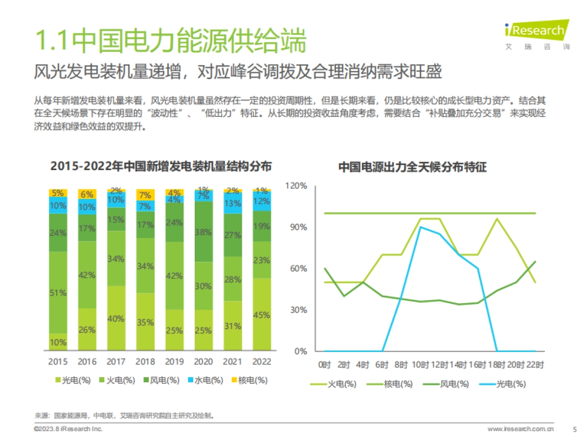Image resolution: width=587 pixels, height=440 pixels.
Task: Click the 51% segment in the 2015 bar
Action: [58, 292]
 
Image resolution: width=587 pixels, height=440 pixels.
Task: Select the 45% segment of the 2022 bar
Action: [262, 314]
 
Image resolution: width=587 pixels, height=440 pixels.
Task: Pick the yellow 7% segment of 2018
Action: [145, 195]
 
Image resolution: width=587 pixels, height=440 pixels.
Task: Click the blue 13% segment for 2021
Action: [233, 203]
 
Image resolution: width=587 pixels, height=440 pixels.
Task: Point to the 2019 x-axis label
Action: [174, 362]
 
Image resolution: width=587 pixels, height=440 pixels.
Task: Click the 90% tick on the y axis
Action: [297, 227]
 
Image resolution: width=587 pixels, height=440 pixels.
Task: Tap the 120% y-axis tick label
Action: [296, 186]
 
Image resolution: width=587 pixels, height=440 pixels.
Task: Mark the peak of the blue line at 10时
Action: [421, 227]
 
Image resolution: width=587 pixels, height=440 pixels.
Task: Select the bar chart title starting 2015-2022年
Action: [161, 166]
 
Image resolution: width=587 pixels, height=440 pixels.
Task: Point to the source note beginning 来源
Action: [125, 416]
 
